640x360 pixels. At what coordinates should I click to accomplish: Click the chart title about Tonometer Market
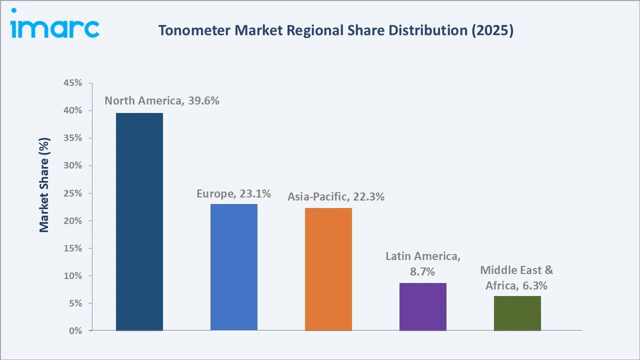click(335, 30)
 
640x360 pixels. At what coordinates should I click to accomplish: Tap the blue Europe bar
click(234, 267)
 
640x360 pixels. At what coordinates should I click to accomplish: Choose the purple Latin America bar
click(423, 306)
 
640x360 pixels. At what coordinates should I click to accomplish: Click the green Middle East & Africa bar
click(517, 313)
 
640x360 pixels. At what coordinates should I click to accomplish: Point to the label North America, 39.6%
click(162, 100)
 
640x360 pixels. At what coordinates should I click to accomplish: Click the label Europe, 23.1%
click(233, 193)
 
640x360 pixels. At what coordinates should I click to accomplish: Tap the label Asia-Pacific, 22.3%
click(335, 197)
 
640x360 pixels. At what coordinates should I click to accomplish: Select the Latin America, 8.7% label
click(423, 264)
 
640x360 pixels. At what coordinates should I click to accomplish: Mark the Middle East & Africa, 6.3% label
click(516, 278)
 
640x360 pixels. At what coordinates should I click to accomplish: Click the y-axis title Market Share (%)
click(44, 185)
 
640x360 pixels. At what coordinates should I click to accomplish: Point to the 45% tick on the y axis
click(72, 83)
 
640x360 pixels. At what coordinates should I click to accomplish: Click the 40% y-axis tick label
click(72, 110)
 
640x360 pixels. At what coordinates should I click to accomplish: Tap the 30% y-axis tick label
click(72, 165)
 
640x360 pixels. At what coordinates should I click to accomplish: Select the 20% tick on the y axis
click(72, 220)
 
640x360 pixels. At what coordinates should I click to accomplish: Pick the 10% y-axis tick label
click(72, 275)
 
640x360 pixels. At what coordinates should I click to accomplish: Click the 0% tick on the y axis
click(75, 330)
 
